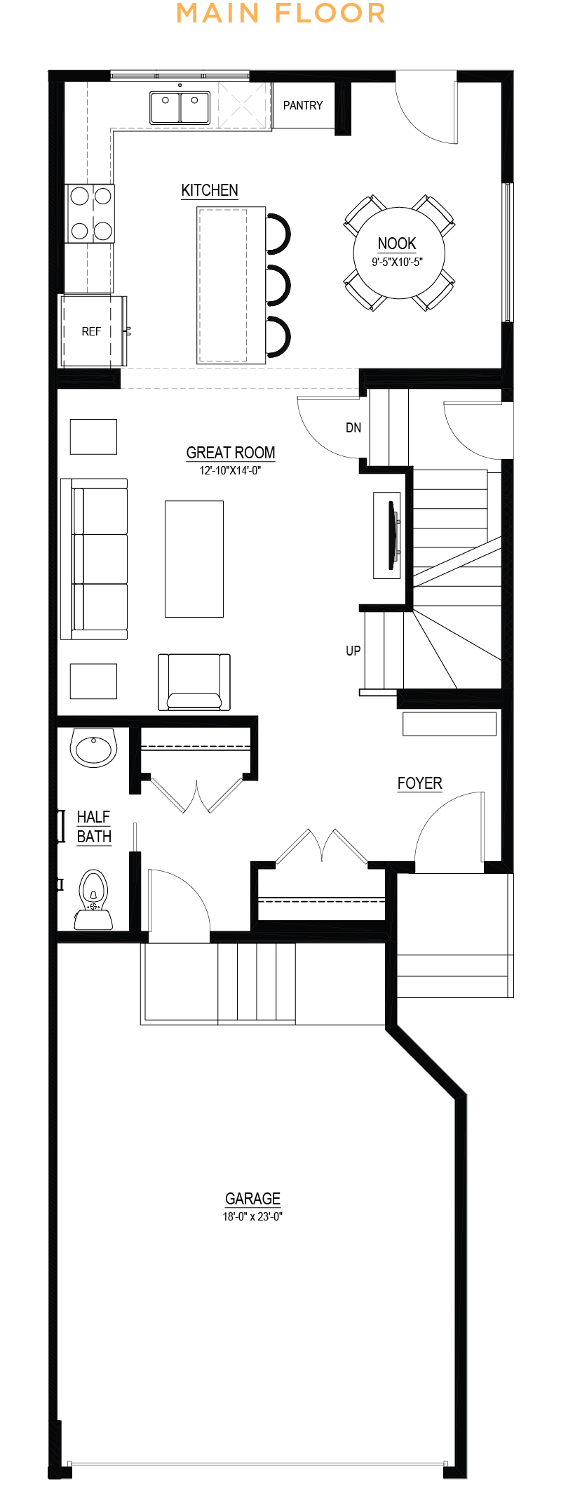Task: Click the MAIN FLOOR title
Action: click(x=280, y=13)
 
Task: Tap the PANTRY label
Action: click(x=303, y=105)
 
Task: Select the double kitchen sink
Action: click(x=180, y=107)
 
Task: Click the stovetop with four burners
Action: click(x=90, y=213)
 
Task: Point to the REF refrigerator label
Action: click(x=91, y=331)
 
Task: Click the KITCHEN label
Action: click(x=210, y=190)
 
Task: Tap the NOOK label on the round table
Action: click(x=397, y=244)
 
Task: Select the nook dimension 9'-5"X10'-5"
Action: click(x=398, y=262)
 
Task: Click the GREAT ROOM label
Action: click(x=231, y=453)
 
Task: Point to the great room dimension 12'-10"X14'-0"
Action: click(x=230, y=470)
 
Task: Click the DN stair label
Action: click(x=353, y=427)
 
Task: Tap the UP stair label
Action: click(x=353, y=651)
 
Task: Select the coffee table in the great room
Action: click(x=194, y=559)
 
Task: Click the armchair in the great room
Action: click(x=194, y=682)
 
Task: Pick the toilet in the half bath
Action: click(x=93, y=900)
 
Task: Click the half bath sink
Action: click(x=93, y=748)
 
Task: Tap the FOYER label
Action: click(x=420, y=783)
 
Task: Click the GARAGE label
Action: click(x=252, y=1199)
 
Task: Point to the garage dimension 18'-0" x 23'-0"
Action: click(x=252, y=1216)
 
